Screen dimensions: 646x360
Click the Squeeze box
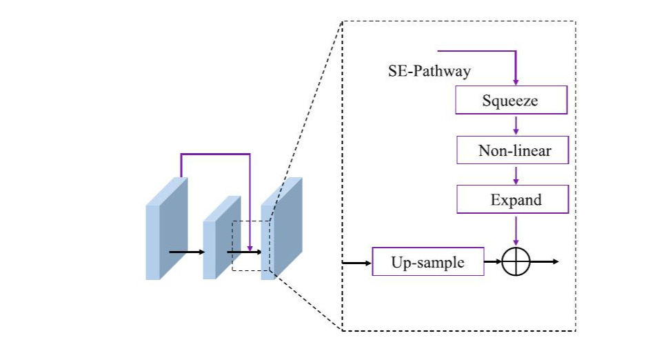click(512, 100)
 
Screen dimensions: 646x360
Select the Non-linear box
click(512, 150)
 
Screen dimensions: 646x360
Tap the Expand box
click(512, 199)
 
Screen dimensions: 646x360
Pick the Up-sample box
click(428, 261)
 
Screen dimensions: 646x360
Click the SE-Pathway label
click(430, 71)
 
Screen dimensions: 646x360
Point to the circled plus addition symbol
click(516, 261)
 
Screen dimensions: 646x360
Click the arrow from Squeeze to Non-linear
click(516, 126)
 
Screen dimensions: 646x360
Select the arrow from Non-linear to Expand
click(516, 175)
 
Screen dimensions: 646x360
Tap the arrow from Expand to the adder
click(516, 230)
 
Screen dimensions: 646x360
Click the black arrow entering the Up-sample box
click(357, 263)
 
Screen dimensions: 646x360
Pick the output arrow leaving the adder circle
click(544, 261)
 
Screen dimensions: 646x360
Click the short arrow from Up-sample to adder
click(493, 261)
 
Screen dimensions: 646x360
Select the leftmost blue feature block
click(166, 228)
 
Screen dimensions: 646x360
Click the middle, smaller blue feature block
click(221, 237)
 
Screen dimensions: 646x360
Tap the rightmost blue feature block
click(281, 228)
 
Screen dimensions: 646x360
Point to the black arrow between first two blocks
click(187, 252)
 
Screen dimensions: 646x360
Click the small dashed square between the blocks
click(232, 246)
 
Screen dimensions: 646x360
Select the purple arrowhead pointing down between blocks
click(250, 248)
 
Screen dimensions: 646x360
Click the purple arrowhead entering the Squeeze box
click(516, 82)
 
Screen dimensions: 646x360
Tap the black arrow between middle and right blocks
click(244, 252)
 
